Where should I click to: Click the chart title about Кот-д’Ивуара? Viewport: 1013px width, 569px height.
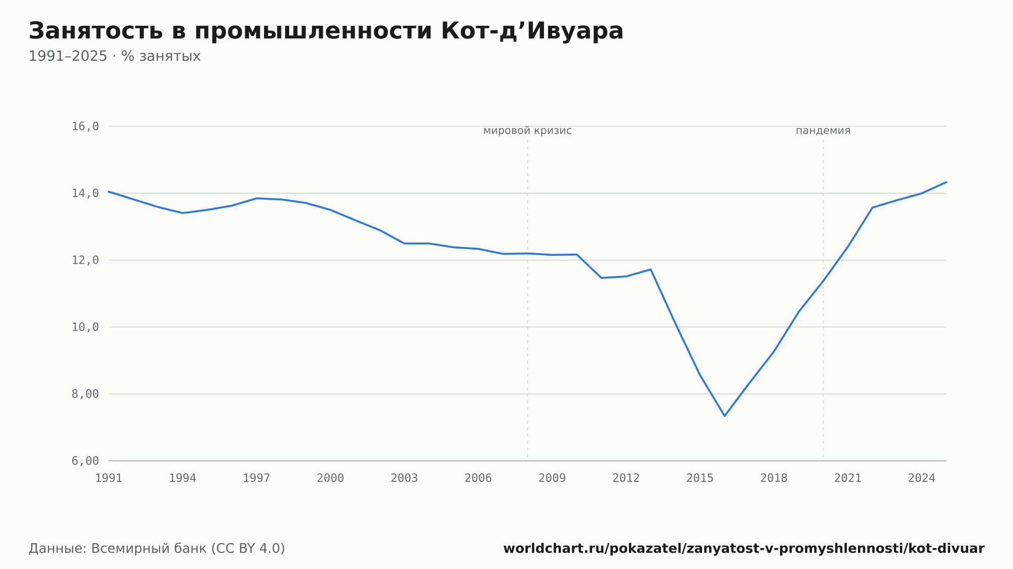[x=326, y=31]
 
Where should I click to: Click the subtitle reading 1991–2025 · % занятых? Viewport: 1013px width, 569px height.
[x=114, y=56]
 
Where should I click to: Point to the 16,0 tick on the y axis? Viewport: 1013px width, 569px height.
[x=85, y=127]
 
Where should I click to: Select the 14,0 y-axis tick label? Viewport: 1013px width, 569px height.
[x=85, y=193]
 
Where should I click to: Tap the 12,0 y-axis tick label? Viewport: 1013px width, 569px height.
[x=85, y=260]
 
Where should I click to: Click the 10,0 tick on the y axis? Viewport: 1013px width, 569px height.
[x=85, y=327]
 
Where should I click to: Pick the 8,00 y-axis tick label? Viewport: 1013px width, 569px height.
[x=85, y=394]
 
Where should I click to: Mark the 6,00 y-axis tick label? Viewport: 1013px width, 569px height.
[x=85, y=461]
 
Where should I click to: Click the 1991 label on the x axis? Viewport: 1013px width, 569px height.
[x=109, y=478]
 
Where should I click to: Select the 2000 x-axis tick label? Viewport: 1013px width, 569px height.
[x=330, y=478]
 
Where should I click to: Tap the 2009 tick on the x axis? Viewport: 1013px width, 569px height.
[x=552, y=478]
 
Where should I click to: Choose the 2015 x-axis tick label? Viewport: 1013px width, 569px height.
[x=700, y=478]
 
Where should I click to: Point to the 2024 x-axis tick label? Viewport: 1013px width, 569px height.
[x=922, y=478]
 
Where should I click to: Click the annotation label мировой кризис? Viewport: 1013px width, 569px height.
[x=527, y=131]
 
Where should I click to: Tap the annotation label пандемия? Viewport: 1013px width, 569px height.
[x=823, y=131]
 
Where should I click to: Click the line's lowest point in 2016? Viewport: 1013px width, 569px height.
[x=724, y=416]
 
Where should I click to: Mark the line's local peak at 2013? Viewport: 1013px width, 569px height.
[x=650, y=269]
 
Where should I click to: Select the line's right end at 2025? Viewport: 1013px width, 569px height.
[x=946, y=182]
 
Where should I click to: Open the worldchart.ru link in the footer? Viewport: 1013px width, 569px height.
[x=744, y=549]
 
